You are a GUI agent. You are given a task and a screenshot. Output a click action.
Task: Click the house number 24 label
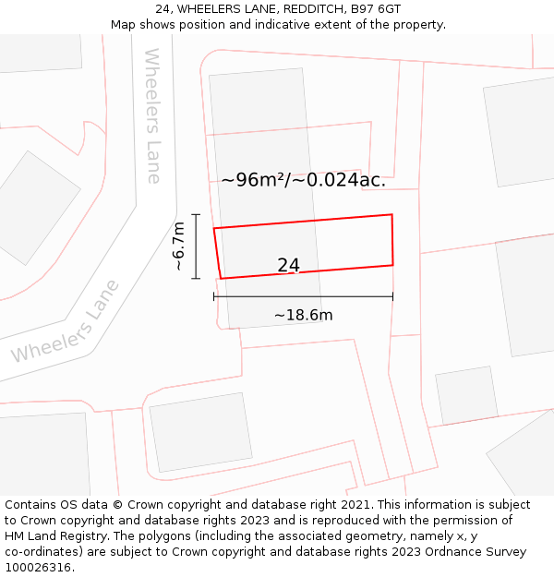[288, 266]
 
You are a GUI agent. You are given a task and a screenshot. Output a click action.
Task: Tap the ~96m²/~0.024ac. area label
[303, 180]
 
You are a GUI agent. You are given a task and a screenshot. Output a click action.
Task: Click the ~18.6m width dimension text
[303, 316]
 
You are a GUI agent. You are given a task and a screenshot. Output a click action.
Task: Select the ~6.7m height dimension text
[179, 245]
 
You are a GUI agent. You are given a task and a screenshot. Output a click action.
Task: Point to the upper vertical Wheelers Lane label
[153, 115]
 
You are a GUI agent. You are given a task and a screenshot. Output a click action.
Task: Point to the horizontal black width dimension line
[303, 296]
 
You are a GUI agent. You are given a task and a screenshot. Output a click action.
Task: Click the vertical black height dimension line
[196, 245]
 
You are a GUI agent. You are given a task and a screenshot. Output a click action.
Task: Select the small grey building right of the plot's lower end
[466, 394]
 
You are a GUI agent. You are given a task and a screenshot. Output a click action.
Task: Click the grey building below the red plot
[200, 431]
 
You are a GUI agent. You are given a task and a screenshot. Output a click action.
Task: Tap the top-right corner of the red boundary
[391, 215]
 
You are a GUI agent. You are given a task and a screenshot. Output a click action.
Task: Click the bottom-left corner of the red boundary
[221, 278]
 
